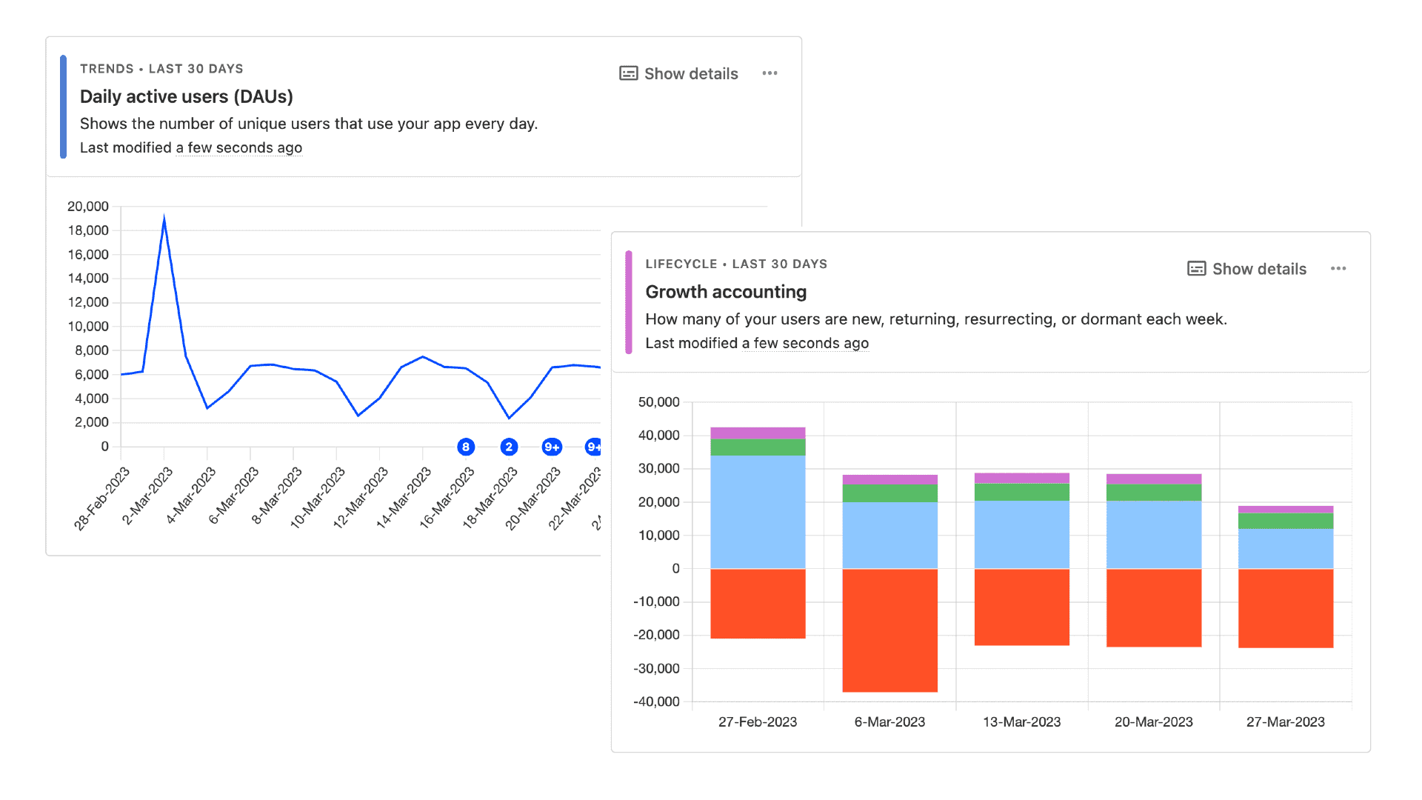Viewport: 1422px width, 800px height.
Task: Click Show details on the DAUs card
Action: [x=679, y=73]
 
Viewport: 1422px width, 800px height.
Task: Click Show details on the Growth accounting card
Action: [x=1247, y=269]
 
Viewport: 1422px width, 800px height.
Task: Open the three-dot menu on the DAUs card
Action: [x=770, y=73]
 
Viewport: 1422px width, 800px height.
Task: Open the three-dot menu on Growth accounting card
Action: [x=1338, y=269]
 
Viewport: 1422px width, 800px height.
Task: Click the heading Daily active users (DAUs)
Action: [x=186, y=96]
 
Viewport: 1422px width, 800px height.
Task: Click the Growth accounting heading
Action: [x=726, y=292]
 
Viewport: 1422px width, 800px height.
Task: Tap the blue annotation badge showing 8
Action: [x=465, y=447]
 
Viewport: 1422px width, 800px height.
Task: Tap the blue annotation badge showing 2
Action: [x=509, y=447]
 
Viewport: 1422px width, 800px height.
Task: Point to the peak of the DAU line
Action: [x=164, y=219]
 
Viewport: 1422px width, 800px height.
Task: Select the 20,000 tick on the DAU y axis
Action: [x=88, y=207]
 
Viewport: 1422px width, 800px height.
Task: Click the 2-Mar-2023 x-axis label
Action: [x=147, y=496]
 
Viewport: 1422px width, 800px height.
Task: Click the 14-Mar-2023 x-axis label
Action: [x=404, y=497]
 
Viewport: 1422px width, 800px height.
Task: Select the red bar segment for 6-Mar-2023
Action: [x=889, y=630]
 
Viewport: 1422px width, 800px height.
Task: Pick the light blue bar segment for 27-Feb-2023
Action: [x=758, y=511]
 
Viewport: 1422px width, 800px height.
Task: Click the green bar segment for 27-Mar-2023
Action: [x=1286, y=521]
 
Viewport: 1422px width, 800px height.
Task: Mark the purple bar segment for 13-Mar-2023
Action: [x=1021, y=478]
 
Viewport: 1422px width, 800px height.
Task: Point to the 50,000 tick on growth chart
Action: [x=658, y=402]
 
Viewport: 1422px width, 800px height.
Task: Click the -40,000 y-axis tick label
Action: [x=656, y=701]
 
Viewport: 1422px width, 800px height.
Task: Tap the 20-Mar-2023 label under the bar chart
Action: [x=1153, y=722]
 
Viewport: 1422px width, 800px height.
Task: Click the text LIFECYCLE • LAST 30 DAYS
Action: [x=736, y=264]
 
